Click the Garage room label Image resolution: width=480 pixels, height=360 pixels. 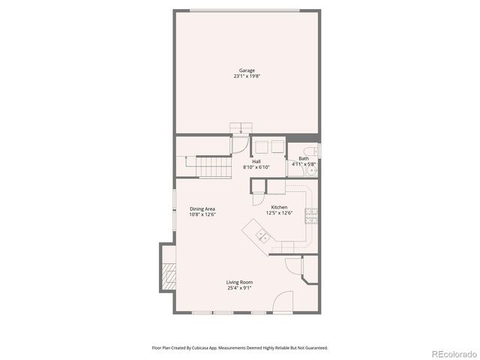(x=246, y=70)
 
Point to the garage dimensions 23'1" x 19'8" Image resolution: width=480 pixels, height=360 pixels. (x=246, y=76)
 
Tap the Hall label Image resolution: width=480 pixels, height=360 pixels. (x=256, y=161)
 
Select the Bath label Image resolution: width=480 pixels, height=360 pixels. (x=303, y=158)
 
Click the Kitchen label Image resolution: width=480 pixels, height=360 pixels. (x=279, y=207)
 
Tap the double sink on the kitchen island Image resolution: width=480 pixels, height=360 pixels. (x=263, y=236)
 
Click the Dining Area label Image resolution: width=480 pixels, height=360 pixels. (x=202, y=209)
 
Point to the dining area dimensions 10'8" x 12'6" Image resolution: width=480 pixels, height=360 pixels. (x=202, y=214)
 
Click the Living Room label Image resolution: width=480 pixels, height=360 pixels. (x=239, y=282)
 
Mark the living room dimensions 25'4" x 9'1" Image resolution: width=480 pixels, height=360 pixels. (x=239, y=287)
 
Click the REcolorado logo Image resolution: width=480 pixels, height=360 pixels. (x=451, y=353)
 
